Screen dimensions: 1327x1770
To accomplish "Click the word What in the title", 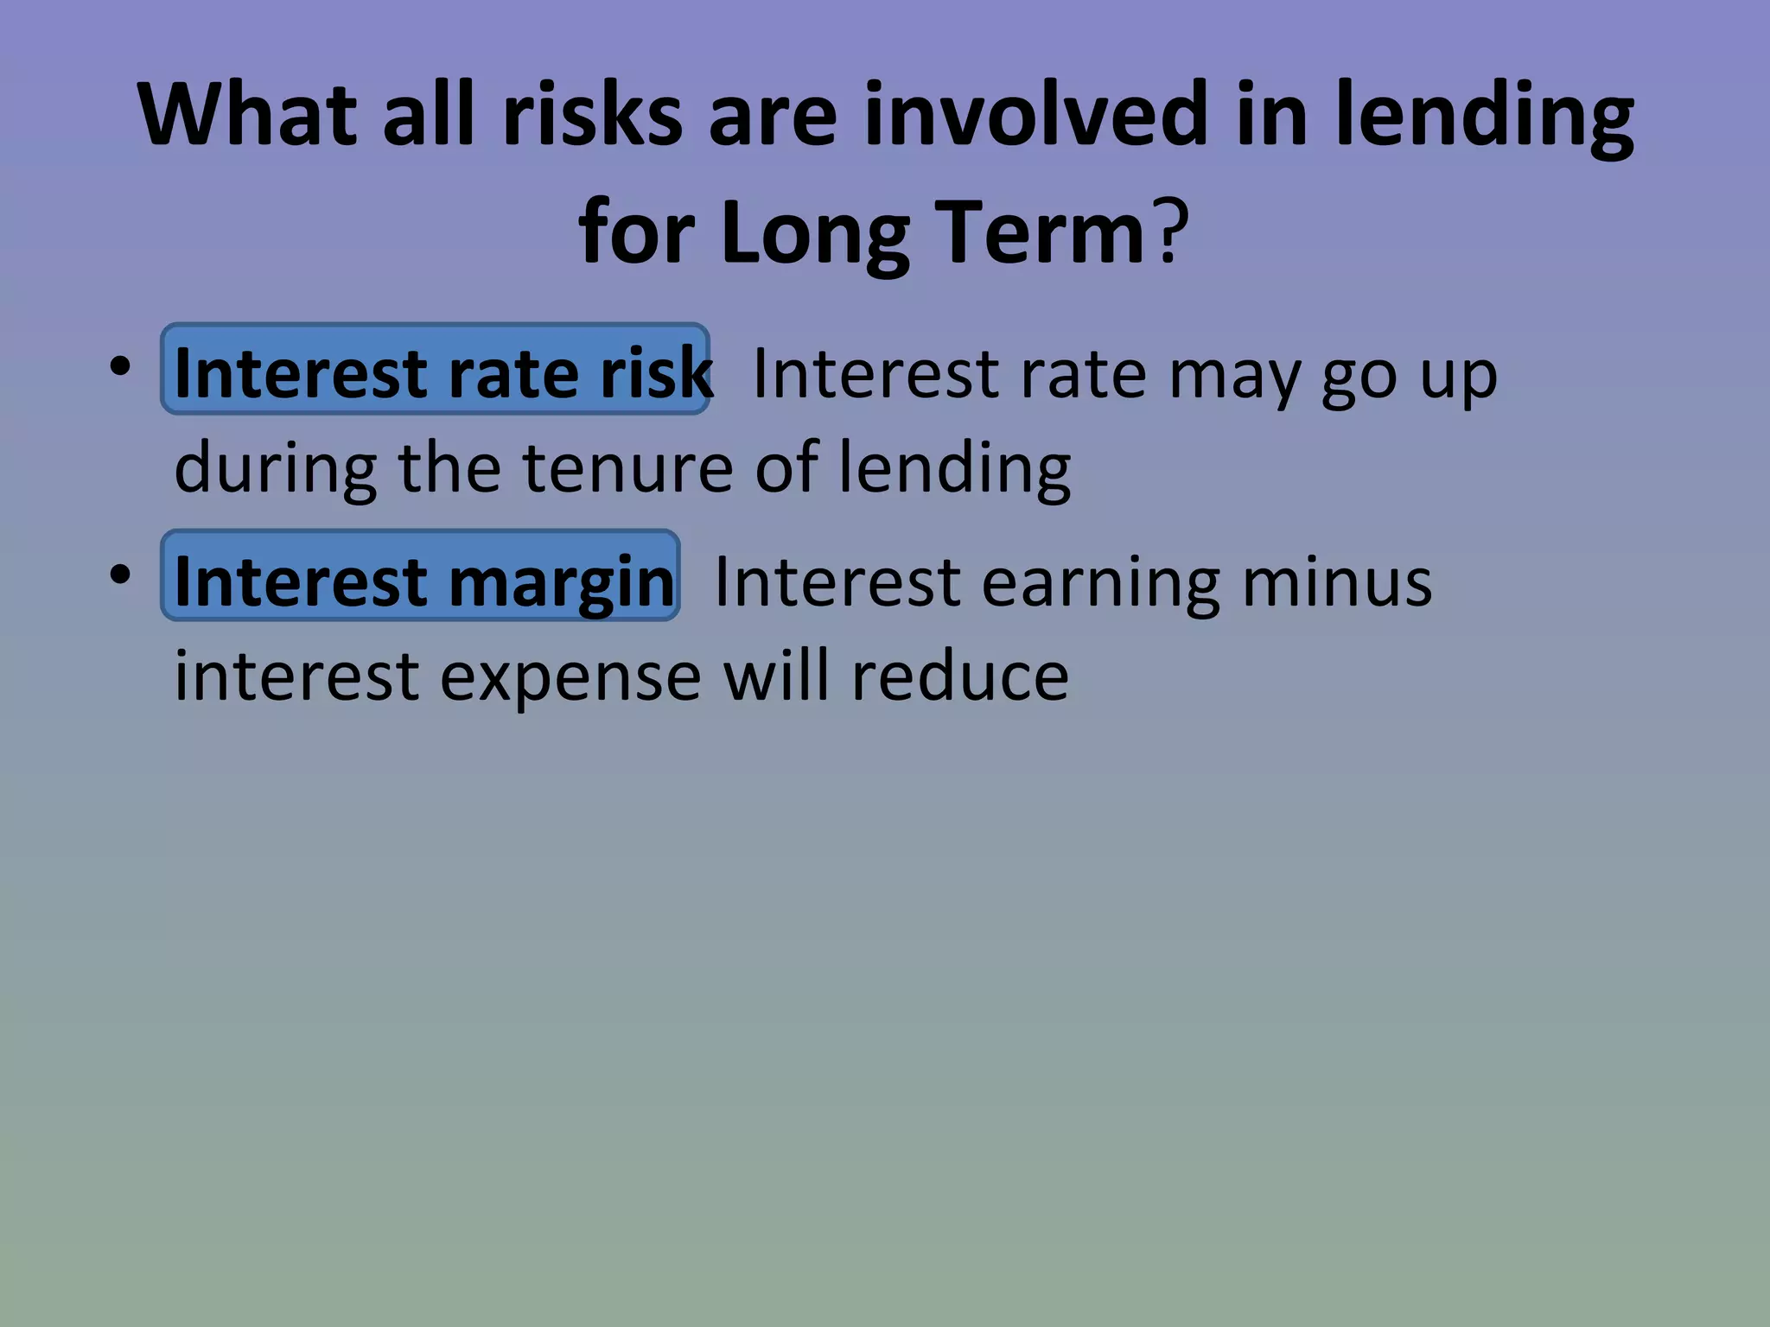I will point(247,115).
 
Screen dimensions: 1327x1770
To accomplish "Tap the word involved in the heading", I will point(1034,115).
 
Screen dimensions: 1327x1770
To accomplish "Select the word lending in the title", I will point(1483,115).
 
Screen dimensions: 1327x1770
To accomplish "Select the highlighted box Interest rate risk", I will point(435,370).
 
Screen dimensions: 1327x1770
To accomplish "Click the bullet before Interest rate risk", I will point(120,366).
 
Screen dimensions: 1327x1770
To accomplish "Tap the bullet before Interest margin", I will point(120,574).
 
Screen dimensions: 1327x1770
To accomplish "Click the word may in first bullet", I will point(1233,375).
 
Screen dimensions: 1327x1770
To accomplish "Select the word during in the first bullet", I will point(275,467).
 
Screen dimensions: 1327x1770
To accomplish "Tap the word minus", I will point(1336,582).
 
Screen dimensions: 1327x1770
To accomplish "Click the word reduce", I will point(959,676).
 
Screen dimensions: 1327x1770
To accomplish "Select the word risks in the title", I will point(592,115).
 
